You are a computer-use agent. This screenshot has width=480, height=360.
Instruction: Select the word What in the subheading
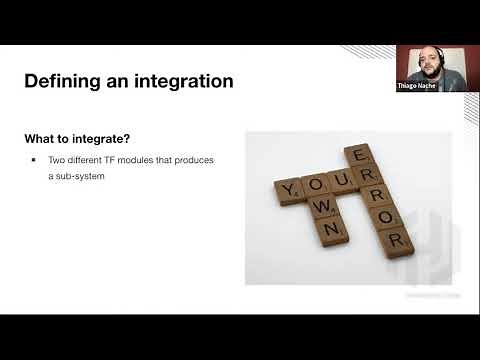42,137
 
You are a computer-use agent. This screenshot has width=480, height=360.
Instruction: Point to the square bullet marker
34,160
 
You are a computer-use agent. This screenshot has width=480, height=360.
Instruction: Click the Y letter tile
290,188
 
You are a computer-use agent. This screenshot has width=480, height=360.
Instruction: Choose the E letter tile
357,154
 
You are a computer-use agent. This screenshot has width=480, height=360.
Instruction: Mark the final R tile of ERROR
396,240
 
